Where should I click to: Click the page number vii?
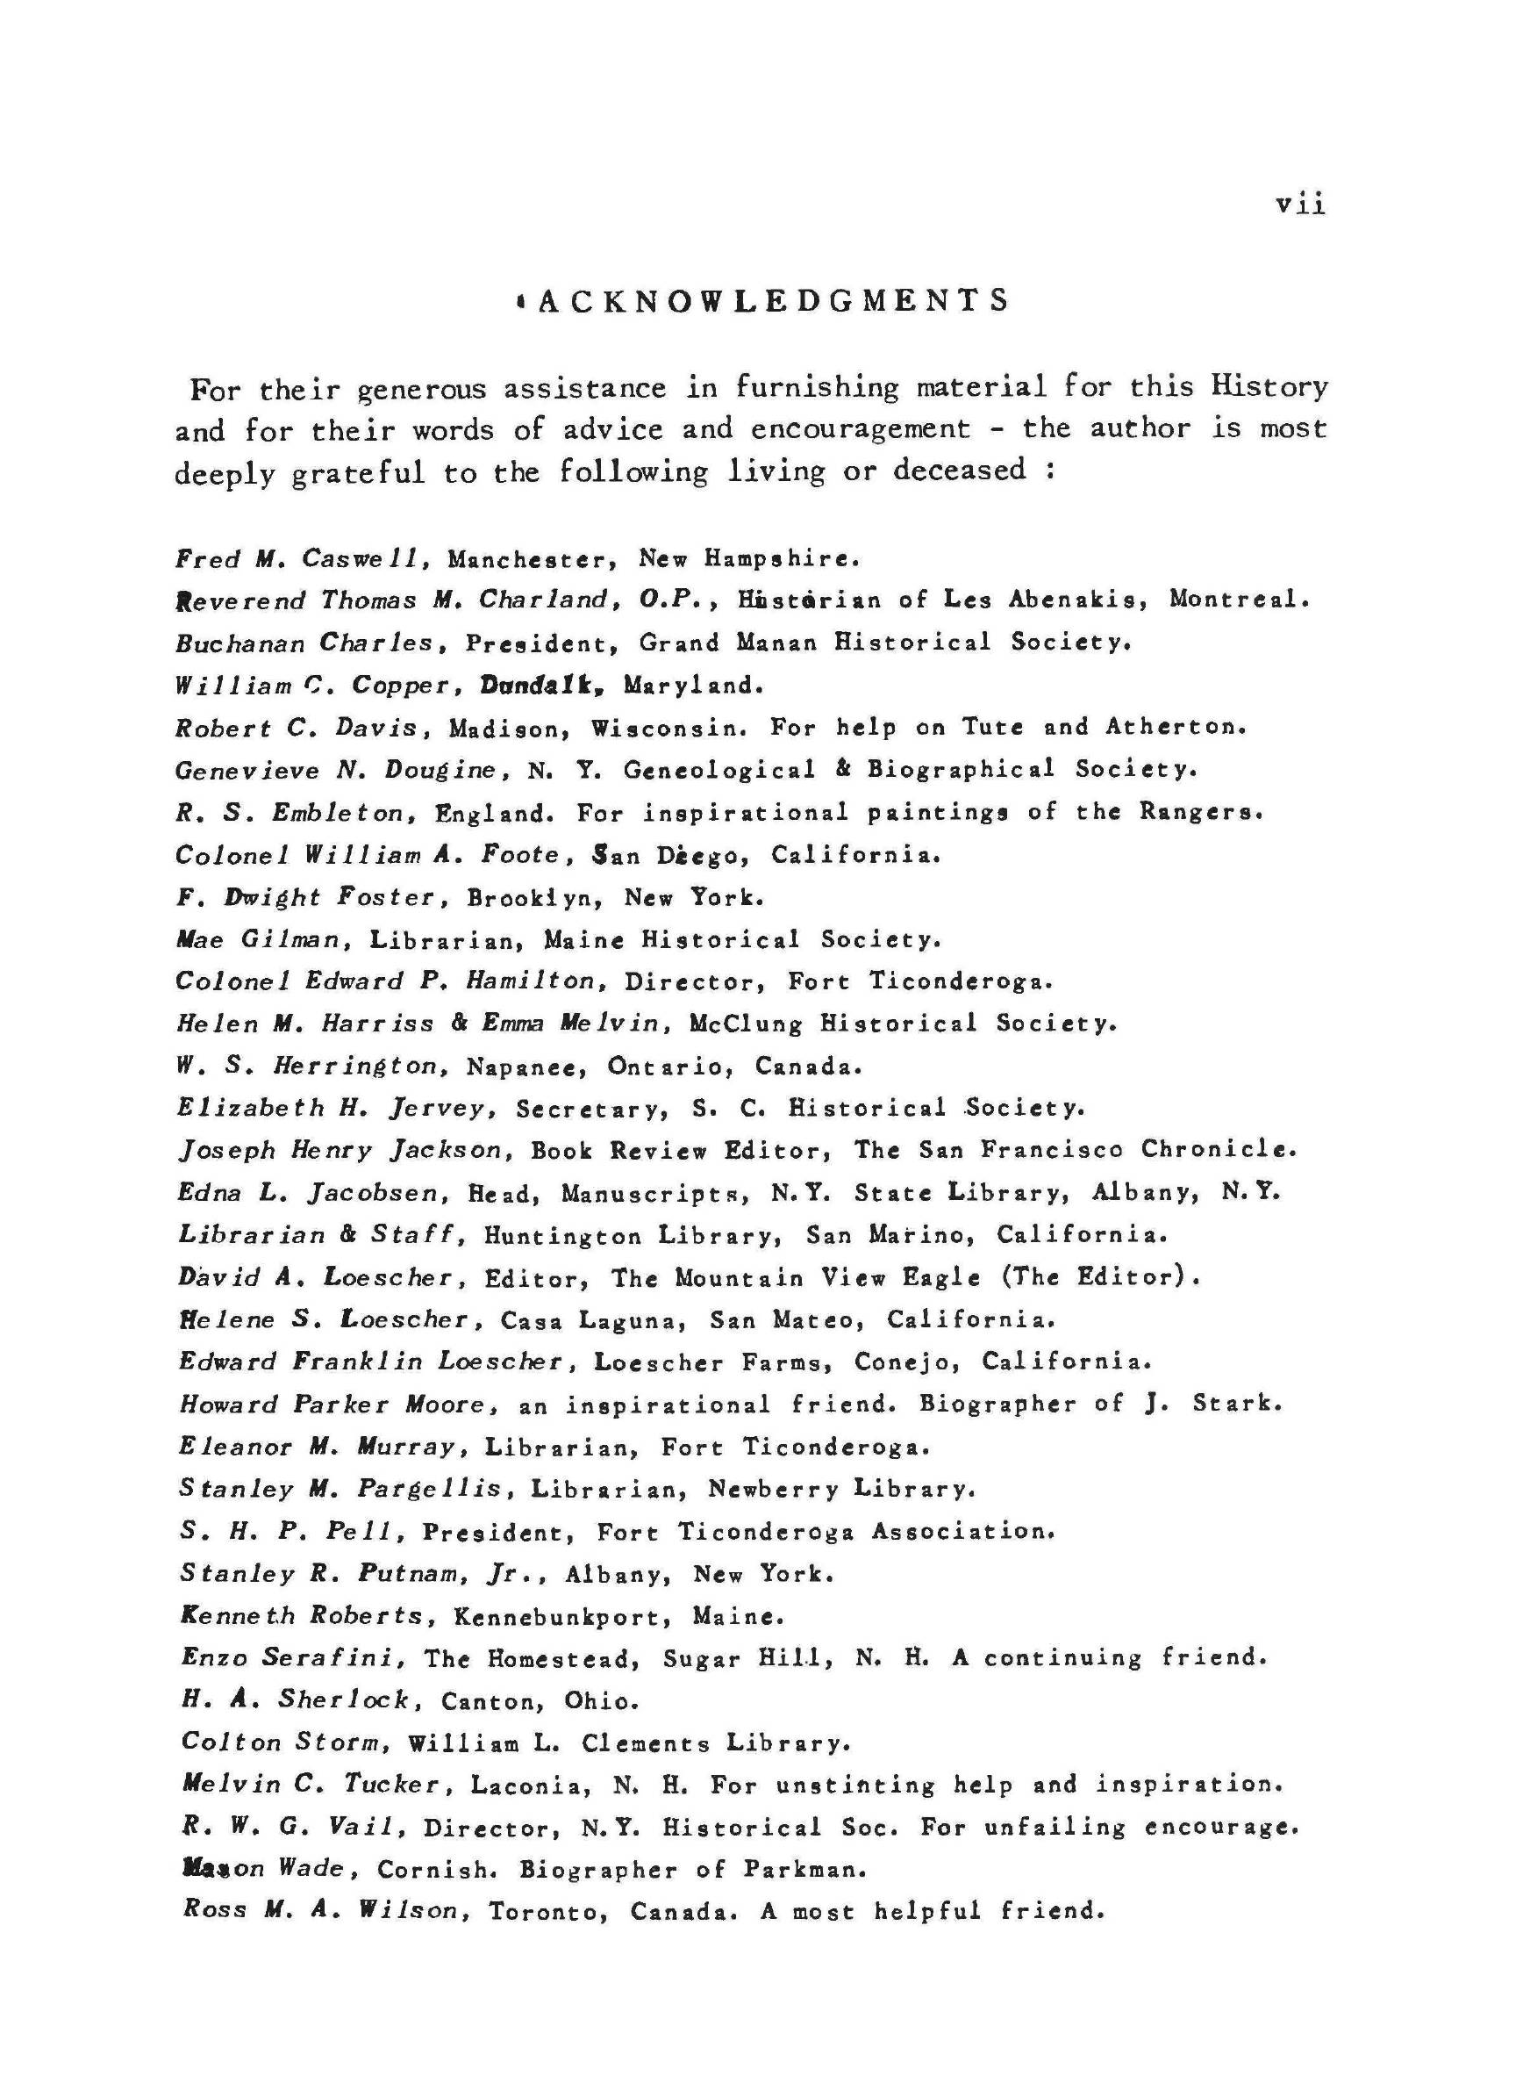click(1300, 204)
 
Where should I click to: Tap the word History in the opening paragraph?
click(1269, 385)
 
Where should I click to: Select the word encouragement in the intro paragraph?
click(861, 429)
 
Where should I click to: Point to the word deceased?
click(960, 470)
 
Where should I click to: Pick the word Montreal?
click(1240, 600)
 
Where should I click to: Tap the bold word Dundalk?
click(542, 686)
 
